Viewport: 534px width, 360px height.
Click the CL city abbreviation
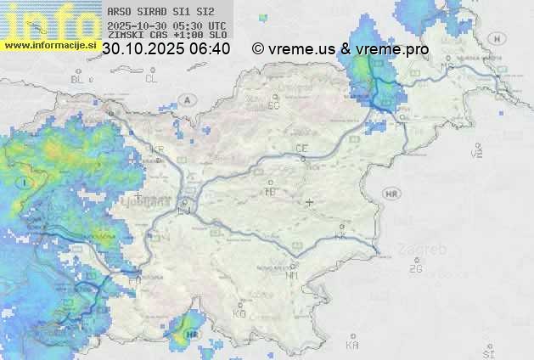coord(151,79)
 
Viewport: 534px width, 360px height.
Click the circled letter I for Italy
coord(25,183)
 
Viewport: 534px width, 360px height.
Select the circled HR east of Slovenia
coord(391,194)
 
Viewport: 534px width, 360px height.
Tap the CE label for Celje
coord(301,149)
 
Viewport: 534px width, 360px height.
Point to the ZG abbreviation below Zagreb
coord(415,269)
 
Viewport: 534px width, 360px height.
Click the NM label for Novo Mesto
coord(292,275)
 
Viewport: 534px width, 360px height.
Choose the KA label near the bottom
coord(352,346)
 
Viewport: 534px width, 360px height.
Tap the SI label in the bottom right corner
coord(488,352)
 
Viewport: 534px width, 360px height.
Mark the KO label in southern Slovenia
coord(239,313)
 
